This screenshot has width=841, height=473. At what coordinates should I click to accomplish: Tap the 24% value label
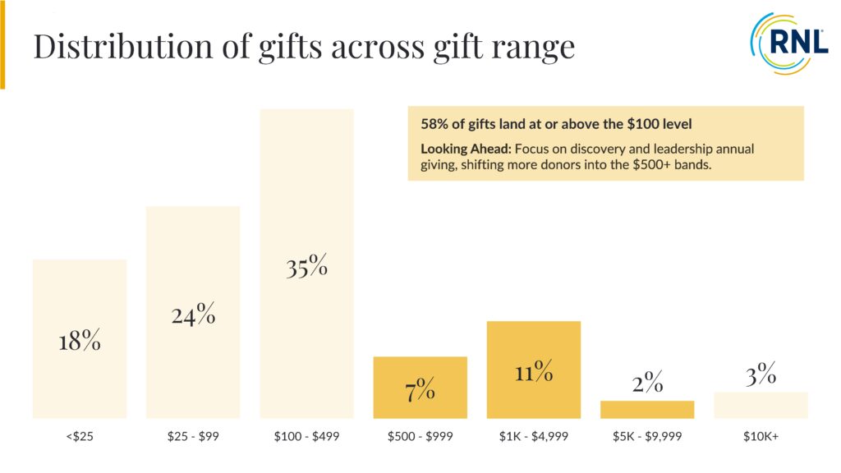point(194,315)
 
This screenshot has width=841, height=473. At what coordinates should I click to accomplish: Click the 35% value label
point(307,267)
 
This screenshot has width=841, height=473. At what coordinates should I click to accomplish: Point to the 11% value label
point(534,372)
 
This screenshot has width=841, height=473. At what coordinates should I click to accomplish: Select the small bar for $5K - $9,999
point(647,409)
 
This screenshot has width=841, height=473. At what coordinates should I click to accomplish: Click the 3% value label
point(761,375)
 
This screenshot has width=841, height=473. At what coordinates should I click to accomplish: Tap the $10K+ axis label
point(761,437)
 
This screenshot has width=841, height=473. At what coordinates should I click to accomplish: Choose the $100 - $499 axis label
point(307,437)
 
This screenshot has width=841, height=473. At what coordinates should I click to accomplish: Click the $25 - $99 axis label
point(193,437)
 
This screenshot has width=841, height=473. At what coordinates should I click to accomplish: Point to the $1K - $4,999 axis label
point(534,437)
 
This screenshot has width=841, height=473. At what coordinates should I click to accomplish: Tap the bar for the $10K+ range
point(761,405)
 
